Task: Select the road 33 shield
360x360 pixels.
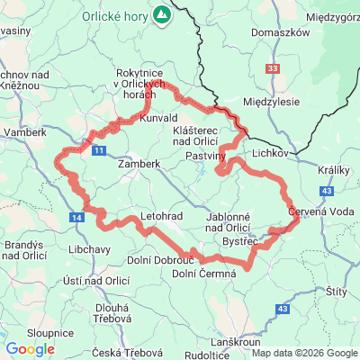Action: [273, 67]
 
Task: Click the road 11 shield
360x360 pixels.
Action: [99, 148]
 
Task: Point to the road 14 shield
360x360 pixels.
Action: [78, 218]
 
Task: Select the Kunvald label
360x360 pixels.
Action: [158, 118]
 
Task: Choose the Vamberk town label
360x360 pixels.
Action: [24, 132]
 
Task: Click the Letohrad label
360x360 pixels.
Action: [161, 217]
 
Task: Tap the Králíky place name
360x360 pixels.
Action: [335, 168]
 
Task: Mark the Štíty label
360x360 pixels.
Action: [337, 292]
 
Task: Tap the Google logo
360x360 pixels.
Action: [30, 349]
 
